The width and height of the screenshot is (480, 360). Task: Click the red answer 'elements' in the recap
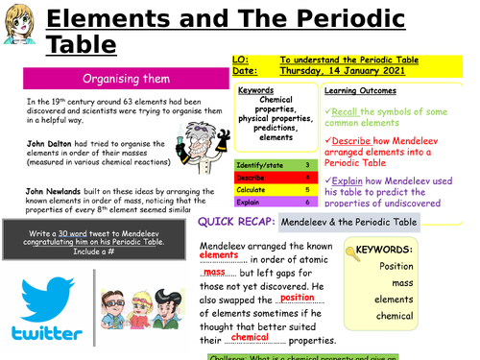[x=219, y=256]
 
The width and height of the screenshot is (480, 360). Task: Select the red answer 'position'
[x=298, y=298]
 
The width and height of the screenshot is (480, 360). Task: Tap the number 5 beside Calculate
[x=306, y=188]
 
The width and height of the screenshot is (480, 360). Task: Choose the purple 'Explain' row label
[x=250, y=202]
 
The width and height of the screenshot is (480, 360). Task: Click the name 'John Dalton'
[x=48, y=142]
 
